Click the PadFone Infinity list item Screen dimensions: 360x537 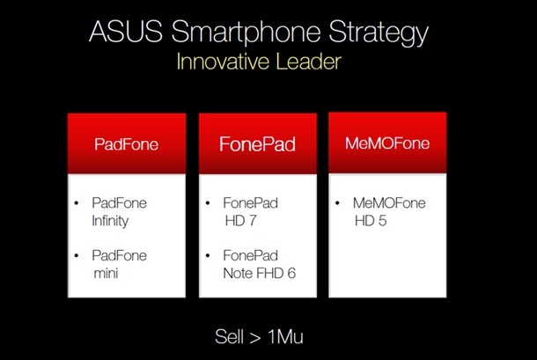point(120,211)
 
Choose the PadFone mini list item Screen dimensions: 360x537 point(120,264)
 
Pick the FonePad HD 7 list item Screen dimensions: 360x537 point(251,211)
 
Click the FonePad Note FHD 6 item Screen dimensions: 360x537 point(259,264)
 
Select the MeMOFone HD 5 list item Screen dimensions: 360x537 point(389,211)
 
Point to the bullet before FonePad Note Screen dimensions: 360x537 point(209,256)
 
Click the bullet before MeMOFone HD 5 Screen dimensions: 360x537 point(339,203)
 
